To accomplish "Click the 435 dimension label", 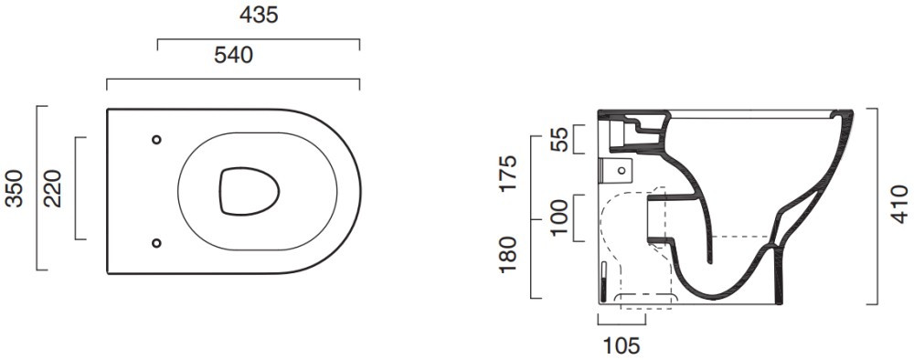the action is (259, 16).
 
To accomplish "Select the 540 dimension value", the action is (233, 56).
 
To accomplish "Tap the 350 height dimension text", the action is (14, 188).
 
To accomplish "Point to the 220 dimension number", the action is (52, 188).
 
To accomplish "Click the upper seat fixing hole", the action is (156, 140).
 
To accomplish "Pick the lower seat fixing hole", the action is (156, 243).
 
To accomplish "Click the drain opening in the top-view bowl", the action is (250, 192).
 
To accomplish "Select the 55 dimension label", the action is (559, 139).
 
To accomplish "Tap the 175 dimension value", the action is (507, 173).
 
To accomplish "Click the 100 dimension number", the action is (559, 217).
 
